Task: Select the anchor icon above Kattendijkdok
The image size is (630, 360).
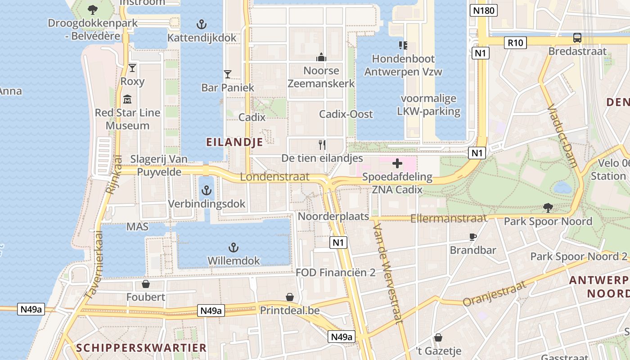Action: click(202, 24)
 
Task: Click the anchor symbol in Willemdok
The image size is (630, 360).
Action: click(233, 247)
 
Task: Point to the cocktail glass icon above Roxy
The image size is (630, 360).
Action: click(132, 68)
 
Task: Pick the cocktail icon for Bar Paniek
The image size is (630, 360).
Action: click(228, 74)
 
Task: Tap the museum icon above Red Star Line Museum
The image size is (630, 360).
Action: click(127, 99)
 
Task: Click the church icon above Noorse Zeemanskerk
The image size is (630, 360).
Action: click(321, 57)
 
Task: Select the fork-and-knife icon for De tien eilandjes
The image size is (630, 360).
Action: click(322, 144)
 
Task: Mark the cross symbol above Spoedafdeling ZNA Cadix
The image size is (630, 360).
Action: click(397, 163)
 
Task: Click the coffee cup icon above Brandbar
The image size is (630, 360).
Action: click(473, 236)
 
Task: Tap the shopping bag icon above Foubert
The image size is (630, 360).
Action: click(145, 284)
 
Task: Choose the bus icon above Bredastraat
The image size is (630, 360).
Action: click(577, 38)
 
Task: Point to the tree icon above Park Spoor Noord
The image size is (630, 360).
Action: click(548, 208)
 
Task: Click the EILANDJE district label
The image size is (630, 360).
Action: click(234, 142)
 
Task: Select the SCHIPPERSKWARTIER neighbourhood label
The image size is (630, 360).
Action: click(141, 347)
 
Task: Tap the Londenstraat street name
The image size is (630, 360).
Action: click(274, 177)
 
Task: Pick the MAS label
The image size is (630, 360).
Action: click(137, 227)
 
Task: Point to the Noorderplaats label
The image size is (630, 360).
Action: click(333, 216)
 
